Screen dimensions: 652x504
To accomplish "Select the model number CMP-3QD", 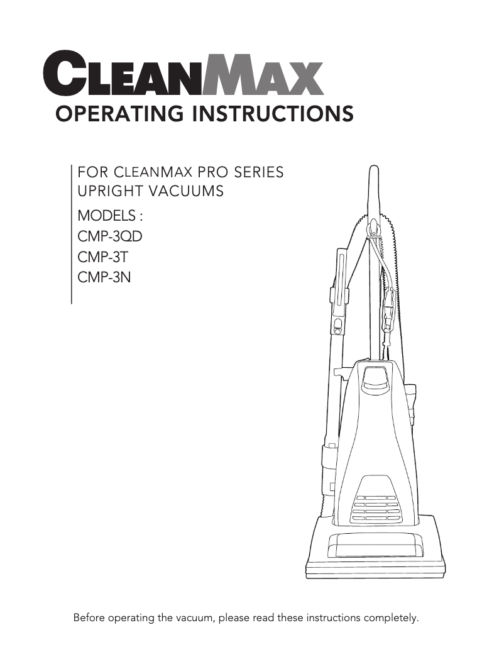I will click(x=106, y=236).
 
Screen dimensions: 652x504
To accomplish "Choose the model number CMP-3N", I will click(x=104, y=277).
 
